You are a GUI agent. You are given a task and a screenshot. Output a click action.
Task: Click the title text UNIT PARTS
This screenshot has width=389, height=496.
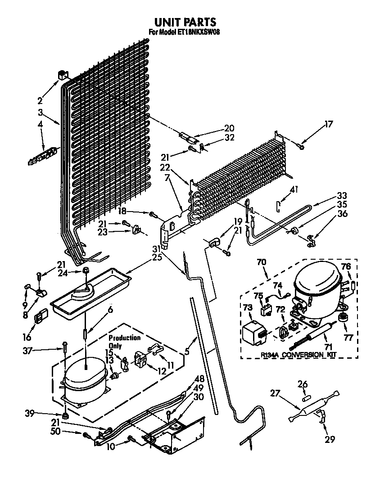[x=185, y=22]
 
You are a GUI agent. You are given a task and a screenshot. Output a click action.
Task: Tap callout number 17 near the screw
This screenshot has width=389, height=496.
[x=329, y=124]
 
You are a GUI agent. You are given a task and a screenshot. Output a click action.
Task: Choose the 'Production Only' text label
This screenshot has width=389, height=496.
[x=124, y=342]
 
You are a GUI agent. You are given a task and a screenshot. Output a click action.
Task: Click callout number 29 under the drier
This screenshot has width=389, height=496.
[x=330, y=439]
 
